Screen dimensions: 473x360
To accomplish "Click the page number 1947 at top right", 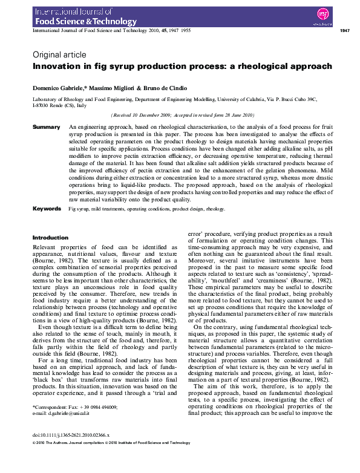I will coord(344,30).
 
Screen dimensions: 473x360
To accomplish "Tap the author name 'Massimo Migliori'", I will coord(105,88).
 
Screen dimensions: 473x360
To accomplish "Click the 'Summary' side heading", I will coord(46,128).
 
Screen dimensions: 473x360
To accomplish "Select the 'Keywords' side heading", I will coord(47,209).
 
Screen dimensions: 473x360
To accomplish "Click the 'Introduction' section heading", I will coord(50,238).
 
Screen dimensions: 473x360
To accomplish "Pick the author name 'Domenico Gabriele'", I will coord(57,88).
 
